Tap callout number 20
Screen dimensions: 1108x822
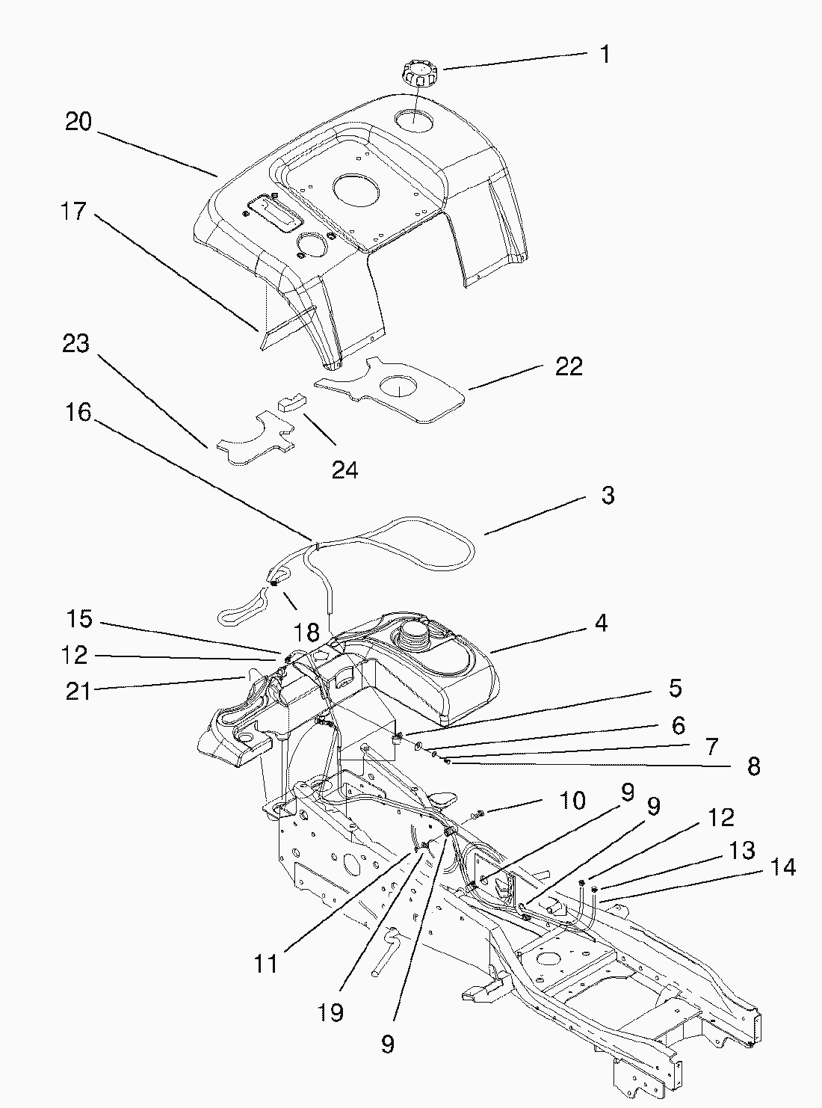(78, 121)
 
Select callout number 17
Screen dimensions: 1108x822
(74, 212)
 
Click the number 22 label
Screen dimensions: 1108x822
(569, 366)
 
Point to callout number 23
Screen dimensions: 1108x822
(76, 344)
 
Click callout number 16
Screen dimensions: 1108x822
(78, 412)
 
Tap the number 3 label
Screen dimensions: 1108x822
(608, 495)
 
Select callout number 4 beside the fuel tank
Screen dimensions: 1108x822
(602, 623)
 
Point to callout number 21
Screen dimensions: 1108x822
(78, 692)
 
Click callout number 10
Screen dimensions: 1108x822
(573, 801)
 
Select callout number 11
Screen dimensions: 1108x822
(266, 964)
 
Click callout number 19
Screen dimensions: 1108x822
(330, 1012)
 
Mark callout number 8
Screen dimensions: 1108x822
(753, 766)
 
